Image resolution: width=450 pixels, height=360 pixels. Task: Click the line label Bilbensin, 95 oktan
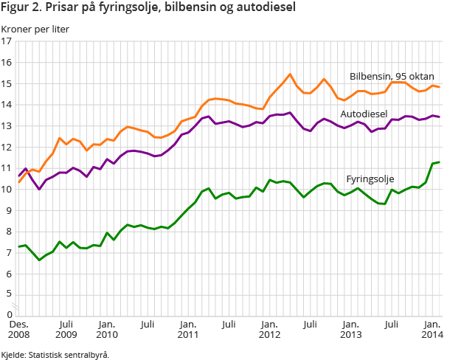(x=392, y=76)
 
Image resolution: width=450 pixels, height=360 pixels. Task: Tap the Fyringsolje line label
(x=370, y=179)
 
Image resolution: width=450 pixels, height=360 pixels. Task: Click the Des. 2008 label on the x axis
(x=20, y=329)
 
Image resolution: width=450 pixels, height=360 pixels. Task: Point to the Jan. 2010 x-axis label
(x=107, y=329)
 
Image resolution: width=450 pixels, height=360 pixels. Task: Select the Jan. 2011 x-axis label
(x=188, y=329)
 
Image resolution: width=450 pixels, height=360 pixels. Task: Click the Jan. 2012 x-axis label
(x=270, y=329)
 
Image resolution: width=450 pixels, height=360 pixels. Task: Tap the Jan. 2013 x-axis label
(x=351, y=329)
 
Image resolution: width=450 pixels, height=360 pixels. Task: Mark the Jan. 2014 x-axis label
(x=432, y=329)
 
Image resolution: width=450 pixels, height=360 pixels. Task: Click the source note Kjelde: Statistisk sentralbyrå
(x=56, y=355)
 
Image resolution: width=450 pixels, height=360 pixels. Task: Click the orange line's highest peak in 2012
(x=290, y=75)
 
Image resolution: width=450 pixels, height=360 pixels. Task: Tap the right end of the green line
(x=440, y=162)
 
